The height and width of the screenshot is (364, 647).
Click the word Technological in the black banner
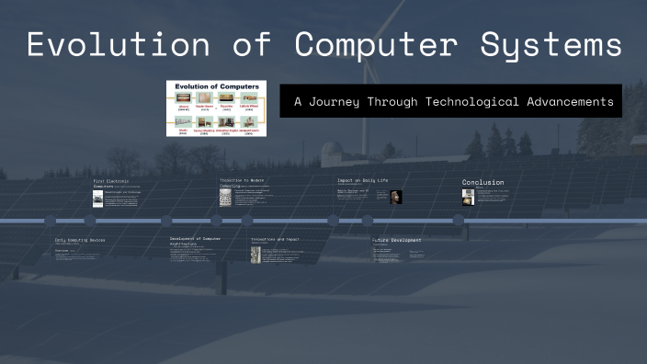click(x=465, y=101)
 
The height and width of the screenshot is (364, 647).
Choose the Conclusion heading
click(x=482, y=182)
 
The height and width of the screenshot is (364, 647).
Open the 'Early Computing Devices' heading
click(x=80, y=239)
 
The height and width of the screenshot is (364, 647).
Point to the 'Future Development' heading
click(x=397, y=240)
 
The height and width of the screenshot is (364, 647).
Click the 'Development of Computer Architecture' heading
click(x=195, y=240)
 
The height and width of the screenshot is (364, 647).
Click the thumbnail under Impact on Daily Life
click(x=396, y=197)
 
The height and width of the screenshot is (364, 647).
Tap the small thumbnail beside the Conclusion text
click(x=468, y=196)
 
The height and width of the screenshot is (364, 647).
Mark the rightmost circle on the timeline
click(x=458, y=221)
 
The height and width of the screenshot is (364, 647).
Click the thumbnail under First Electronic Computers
click(x=98, y=199)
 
